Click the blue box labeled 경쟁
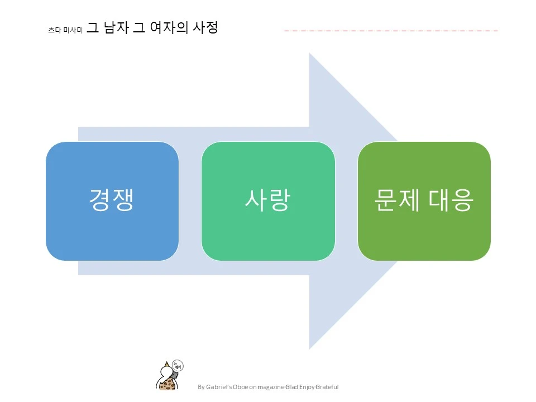(x=112, y=201)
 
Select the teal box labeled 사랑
(x=268, y=201)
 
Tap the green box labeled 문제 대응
(x=424, y=201)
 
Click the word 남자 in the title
(x=116, y=27)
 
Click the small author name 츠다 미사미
(x=65, y=31)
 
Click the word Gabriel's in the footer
(x=220, y=387)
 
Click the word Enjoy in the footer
(x=307, y=387)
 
